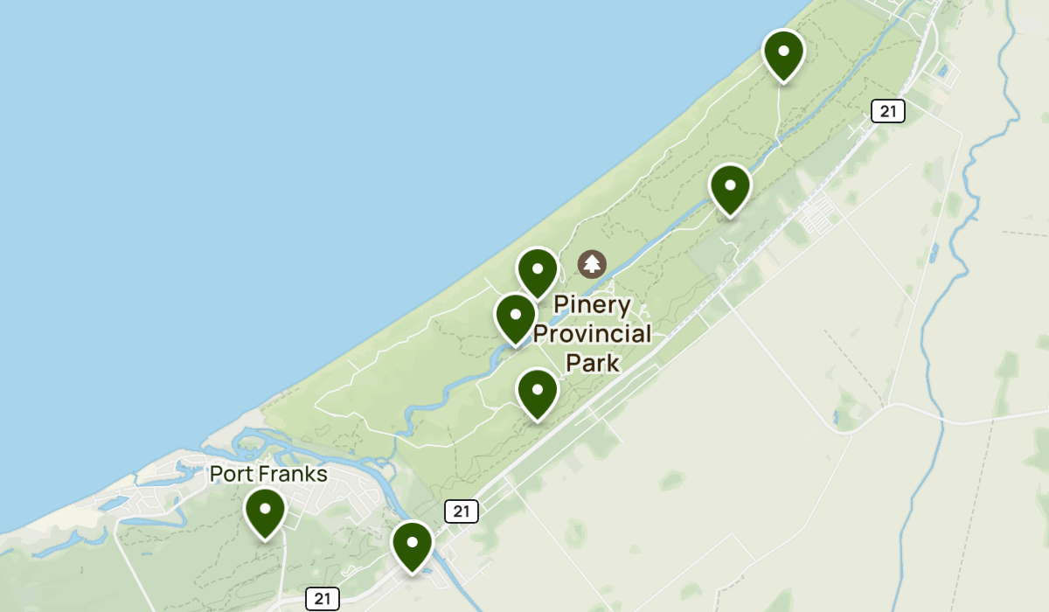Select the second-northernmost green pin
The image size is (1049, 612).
[x=731, y=186]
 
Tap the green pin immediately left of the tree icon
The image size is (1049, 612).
[x=538, y=270]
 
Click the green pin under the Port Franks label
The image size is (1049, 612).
[x=265, y=511]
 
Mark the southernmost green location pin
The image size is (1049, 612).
[x=413, y=544]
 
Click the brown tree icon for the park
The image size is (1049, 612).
[x=593, y=263]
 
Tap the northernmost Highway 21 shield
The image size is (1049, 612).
[x=887, y=111]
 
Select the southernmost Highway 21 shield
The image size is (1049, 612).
[x=323, y=599]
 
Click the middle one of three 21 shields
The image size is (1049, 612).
[x=461, y=511]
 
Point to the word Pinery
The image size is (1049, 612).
[x=593, y=305]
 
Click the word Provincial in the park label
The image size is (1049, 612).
[x=593, y=333]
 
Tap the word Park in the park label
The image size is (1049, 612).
[x=593, y=362]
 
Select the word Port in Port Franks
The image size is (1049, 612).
[x=234, y=475]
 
